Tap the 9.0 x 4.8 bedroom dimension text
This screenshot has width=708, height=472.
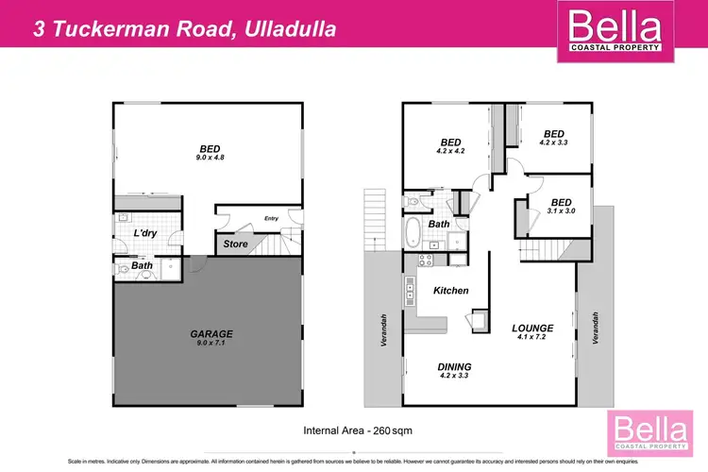pos(211,157)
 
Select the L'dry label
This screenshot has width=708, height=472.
pos(144,233)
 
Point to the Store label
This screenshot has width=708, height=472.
pos(236,244)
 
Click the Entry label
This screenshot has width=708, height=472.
pos(272,219)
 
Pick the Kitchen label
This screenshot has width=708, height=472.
pos(450,291)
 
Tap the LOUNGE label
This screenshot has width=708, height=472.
pos(532,329)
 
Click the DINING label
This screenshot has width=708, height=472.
pos(454,366)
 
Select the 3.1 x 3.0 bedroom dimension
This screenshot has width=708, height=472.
pos(561,211)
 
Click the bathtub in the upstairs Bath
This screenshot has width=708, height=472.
pos(414,232)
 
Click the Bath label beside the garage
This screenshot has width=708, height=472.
pos(143,265)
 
